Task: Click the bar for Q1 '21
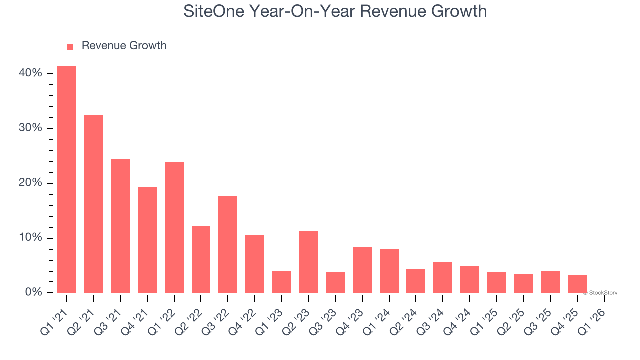click(67, 179)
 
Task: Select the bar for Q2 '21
click(93, 204)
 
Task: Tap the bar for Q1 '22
click(174, 227)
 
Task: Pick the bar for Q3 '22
click(228, 244)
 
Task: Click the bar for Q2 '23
click(308, 262)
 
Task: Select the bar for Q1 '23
click(282, 282)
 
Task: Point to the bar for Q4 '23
click(362, 270)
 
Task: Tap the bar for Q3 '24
click(443, 277)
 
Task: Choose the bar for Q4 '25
click(577, 284)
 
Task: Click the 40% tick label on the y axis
click(30, 73)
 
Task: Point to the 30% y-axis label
click(30, 128)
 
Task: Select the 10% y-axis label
click(30, 238)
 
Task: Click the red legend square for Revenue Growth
click(70, 46)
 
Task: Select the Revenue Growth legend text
click(124, 46)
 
